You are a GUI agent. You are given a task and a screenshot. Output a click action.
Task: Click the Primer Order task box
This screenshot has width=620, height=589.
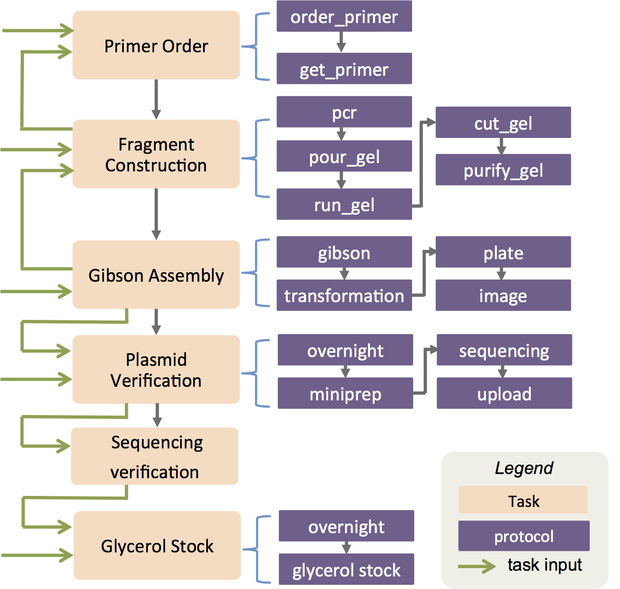pos(156,45)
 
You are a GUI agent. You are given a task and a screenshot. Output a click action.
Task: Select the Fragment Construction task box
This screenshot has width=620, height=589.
pos(156,154)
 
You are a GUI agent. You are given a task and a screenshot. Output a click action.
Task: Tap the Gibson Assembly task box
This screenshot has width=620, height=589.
pos(156,274)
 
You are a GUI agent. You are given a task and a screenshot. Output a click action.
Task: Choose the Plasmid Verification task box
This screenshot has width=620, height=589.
pos(156,369)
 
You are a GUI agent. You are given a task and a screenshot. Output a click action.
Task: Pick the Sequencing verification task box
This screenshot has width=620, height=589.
pos(155,456)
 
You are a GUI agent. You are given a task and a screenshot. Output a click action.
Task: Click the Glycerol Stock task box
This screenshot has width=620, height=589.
pos(157,546)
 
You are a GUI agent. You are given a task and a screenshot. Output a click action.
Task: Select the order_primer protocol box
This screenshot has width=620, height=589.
pos(344,16)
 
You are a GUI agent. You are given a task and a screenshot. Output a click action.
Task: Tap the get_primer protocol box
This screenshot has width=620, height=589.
pos(344,68)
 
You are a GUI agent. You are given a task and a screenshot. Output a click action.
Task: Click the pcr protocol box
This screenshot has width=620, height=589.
pos(344,112)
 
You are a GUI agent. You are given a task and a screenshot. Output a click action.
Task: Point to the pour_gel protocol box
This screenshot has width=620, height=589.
pos(344,156)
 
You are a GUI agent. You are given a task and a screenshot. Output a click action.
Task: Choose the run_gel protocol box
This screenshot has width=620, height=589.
pos(344,204)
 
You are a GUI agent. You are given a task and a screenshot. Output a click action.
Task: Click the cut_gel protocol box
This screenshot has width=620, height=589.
pos(504,122)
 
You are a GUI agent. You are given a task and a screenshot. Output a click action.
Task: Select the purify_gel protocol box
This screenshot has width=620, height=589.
pos(504,170)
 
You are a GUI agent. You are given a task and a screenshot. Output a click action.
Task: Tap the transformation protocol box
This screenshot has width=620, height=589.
pos(344,295)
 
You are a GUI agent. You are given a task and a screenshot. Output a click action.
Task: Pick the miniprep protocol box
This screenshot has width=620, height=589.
pos(346,393)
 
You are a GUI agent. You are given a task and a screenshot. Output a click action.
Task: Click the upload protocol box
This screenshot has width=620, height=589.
pos(505,393)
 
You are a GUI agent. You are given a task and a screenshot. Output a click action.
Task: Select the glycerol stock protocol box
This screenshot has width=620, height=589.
pos(347,569)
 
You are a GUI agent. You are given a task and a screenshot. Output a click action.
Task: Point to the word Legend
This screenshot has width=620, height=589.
pos(524,468)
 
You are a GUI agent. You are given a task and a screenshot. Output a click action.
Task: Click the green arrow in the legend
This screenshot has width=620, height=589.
pos(477,567)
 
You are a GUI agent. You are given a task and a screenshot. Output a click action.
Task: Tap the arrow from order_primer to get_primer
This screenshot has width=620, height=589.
pos(341,42)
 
